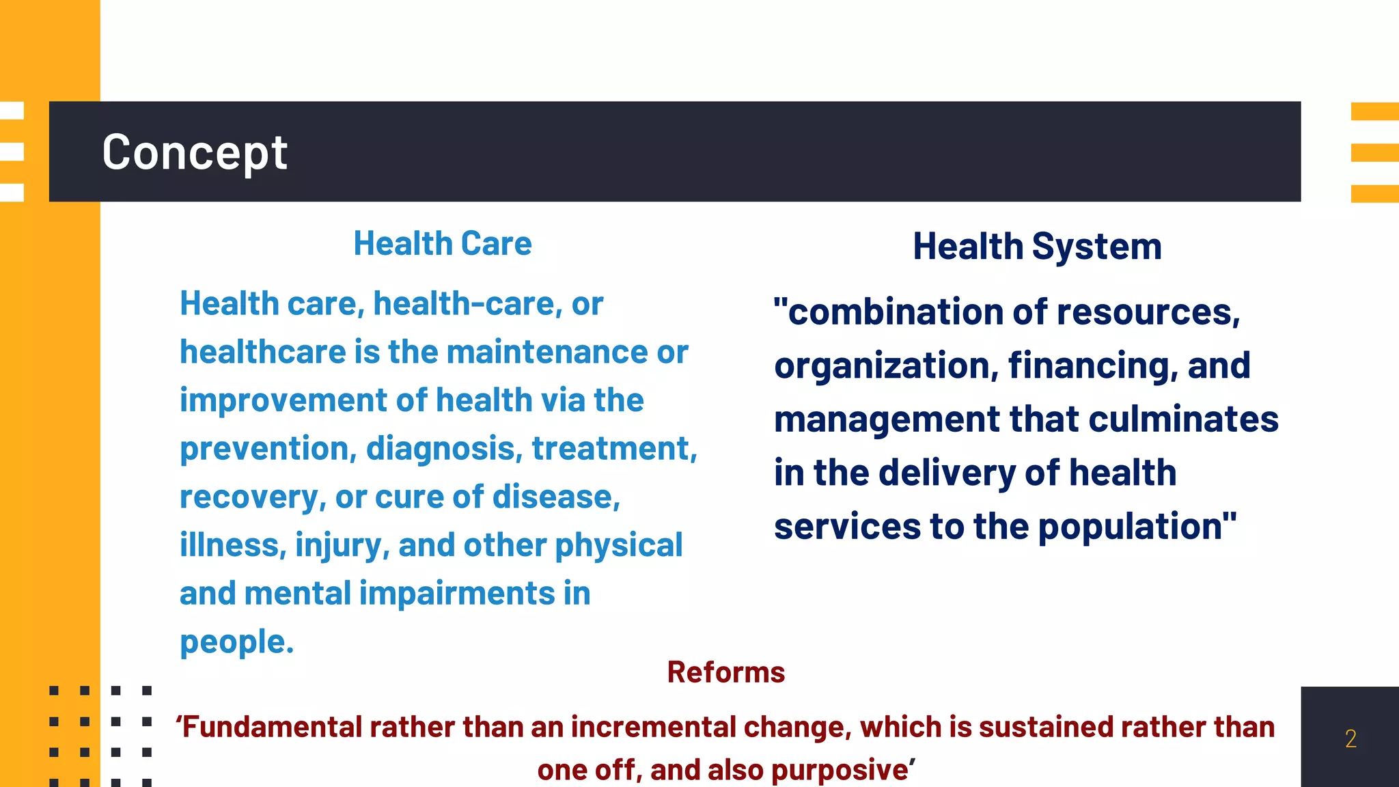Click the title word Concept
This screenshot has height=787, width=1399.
(195, 152)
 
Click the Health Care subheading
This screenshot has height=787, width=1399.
(442, 244)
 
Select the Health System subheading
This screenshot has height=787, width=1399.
(1037, 247)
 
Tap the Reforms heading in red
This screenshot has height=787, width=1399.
(725, 672)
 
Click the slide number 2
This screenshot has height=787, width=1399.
(1350, 738)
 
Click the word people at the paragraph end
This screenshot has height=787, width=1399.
(236, 643)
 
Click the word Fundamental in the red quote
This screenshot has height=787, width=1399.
(273, 728)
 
